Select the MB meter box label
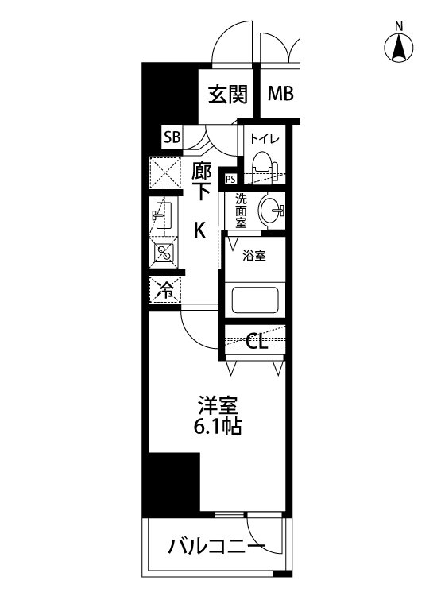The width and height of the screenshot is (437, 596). tap(280, 95)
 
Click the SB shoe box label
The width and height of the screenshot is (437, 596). tap(172, 137)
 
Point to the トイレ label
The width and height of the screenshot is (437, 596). tap(264, 138)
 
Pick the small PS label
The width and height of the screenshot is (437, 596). tap(230, 179)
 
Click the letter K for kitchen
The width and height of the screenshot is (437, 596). tap(200, 230)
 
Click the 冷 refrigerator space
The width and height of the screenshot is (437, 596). tap(164, 290)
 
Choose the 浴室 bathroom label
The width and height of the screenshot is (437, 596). tap(253, 256)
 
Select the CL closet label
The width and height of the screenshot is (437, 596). tap(256, 343)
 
